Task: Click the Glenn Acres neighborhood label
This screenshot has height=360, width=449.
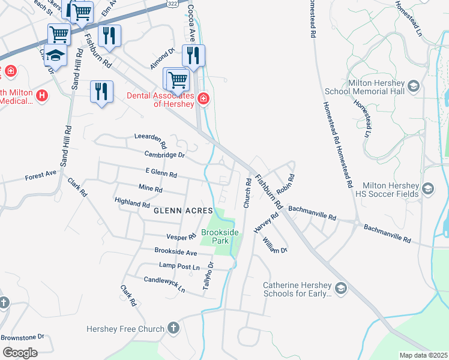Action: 183,211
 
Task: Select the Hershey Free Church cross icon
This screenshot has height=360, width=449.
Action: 173,328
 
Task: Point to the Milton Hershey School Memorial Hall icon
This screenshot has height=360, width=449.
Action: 413,87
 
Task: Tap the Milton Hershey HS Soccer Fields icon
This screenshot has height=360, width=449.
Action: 428,189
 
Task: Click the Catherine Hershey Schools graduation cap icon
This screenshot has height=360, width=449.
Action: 341,289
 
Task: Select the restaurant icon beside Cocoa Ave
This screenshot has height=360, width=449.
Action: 193,56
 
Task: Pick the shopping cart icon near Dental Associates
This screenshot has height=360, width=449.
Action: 176,79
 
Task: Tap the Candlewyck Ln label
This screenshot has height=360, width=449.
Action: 164,284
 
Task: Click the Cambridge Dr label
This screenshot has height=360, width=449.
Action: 161,155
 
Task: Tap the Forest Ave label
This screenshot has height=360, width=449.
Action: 40,176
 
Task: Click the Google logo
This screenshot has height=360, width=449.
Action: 20,353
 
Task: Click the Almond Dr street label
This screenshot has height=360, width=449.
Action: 162,58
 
